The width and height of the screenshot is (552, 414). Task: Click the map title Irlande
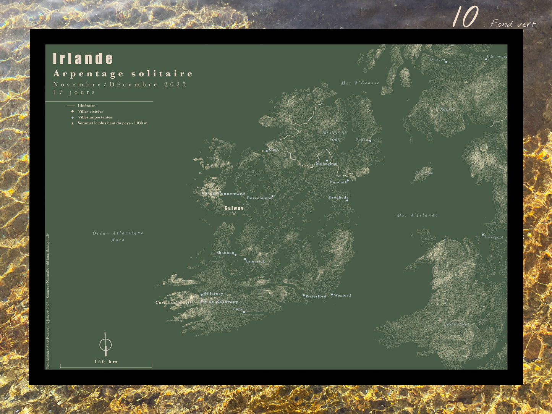pyautogui.click(x=83, y=59)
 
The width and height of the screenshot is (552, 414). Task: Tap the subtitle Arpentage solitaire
pyautogui.click(x=123, y=74)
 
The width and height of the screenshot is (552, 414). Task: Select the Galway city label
pyautogui.click(x=234, y=208)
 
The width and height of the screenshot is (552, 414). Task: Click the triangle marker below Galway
pyautogui.click(x=234, y=213)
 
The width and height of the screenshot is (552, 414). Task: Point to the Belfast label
pyautogui.click(x=362, y=140)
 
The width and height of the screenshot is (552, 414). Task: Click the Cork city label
pyautogui.click(x=238, y=309)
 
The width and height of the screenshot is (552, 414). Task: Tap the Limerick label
pyautogui.click(x=256, y=261)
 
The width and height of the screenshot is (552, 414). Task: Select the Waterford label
pyautogui.click(x=316, y=296)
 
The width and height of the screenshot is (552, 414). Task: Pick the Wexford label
pyautogui.click(x=342, y=295)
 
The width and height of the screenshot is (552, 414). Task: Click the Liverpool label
pyautogui.click(x=494, y=237)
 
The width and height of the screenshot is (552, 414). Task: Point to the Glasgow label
pyautogui.click(x=437, y=60)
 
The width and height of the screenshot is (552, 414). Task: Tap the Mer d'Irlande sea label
pyautogui.click(x=417, y=215)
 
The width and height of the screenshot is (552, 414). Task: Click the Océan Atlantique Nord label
pyautogui.click(x=118, y=236)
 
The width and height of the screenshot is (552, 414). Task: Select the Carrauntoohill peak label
pyautogui.click(x=173, y=302)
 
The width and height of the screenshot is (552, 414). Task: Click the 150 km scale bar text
pyautogui.click(x=106, y=362)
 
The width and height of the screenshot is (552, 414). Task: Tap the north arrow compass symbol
pyautogui.click(x=105, y=344)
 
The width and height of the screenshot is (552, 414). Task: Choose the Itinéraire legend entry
pyautogui.click(x=86, y=106)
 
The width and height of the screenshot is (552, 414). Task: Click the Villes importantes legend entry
pyautogui.click(x=95, y=118)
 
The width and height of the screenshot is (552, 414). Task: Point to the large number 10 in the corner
pyautogui.click(x=465, y=17)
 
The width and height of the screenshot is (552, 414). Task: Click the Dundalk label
pyautogui.click(x=338, y=182)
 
